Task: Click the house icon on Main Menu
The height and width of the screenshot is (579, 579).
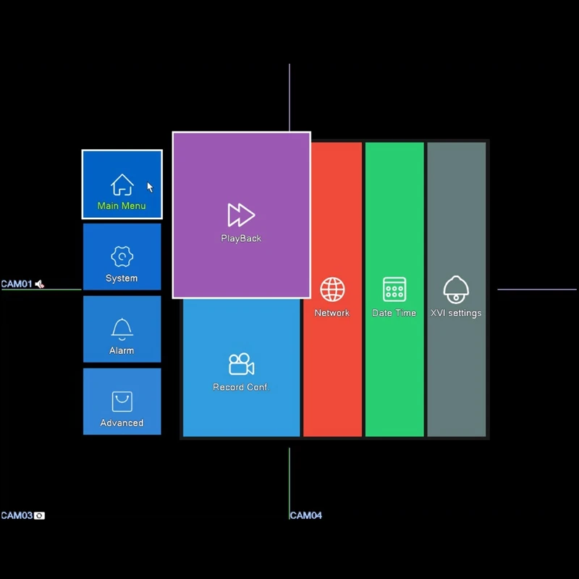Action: click(x=122, y=185)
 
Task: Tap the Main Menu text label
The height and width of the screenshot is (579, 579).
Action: click(x=122, y=206)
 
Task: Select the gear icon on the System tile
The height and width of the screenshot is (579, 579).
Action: click(x=122, y=257)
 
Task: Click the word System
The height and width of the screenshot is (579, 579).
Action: click(x=122, y=278)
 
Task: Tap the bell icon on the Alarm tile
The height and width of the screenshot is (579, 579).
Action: click(x=122, y=329)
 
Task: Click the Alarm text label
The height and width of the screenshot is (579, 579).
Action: click(x=122, y=350)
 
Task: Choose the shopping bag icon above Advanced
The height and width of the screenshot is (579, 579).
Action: click(x=122, y=402)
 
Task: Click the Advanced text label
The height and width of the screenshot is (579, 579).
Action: click(x=122, y=423)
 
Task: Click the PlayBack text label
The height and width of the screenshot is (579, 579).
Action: click(x=241, y=238)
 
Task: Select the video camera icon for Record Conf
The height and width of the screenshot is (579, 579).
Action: click(x=241, y=364)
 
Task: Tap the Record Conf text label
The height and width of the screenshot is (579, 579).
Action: click(x=240, y=387)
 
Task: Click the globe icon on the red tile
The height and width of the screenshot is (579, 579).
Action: click(x=332, y=289)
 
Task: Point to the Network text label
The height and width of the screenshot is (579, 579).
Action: click(x=332, y=313)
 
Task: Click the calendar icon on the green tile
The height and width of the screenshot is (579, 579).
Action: click(x=394, y=289)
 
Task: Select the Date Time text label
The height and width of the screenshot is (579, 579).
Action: click(x=394, y=313)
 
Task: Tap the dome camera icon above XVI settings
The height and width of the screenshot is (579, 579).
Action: click(x=456, y=289)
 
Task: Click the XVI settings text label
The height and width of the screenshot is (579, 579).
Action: click(x=456, y=313)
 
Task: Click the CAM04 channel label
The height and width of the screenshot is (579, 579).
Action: click(x=306, y=515)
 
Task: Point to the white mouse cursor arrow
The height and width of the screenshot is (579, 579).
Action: click(x=150, y=187)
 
